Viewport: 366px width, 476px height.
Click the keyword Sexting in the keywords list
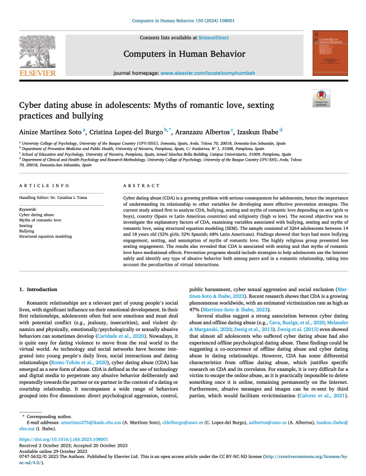click(x=26, y=225)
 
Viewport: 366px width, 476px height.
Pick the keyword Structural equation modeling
click(x=46, y=237)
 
